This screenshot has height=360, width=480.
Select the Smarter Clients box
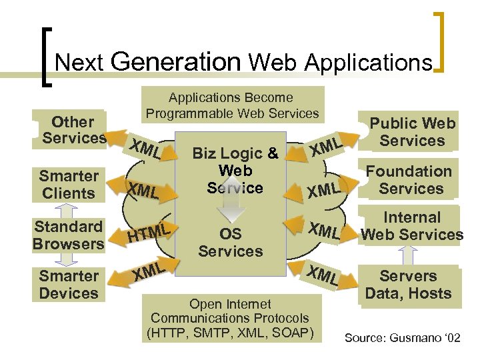coord(69,185)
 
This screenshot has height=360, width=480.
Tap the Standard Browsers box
coord(68,235)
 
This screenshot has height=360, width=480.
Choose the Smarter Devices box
coord(69,285)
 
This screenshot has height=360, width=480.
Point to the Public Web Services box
coord(412,132)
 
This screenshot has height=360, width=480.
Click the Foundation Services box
coord(410,180)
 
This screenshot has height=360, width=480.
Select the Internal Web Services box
coord(411,226)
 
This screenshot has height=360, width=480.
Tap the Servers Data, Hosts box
coord(408,285)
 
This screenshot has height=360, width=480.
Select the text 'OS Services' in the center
coord(231,243)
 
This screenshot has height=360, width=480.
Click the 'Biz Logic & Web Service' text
coord(235,171)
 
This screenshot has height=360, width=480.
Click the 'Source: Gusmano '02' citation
coord(402,338)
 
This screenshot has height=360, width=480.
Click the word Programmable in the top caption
coord(192,113)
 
